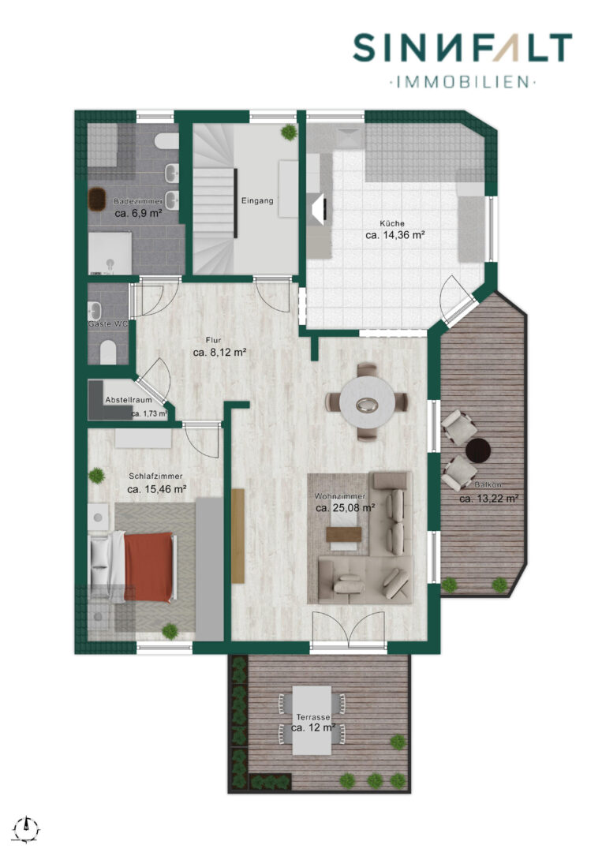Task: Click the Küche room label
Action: coord(392,223)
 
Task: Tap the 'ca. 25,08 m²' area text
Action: coord(345,508)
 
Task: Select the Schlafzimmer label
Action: coord(155,476)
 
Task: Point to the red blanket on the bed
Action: coord(148,566)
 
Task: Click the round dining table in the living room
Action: coord(368,402)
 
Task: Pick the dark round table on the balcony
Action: coord(478,451)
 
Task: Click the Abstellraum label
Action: coord(129,400)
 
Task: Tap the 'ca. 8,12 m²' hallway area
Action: coord(220,352)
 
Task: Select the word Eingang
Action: coord(257,200)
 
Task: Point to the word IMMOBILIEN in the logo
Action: coord(463,82)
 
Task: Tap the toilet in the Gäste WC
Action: coord(108,353)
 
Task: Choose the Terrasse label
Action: coord(313,717)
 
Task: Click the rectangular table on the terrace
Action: coord(312,720)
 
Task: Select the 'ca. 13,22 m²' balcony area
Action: coord(489,499)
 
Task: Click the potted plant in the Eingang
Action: coord(289,133)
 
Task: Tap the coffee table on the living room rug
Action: coord(344,534)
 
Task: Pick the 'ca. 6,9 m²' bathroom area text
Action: coord(139,214)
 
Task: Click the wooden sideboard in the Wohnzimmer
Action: coord(238,536)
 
